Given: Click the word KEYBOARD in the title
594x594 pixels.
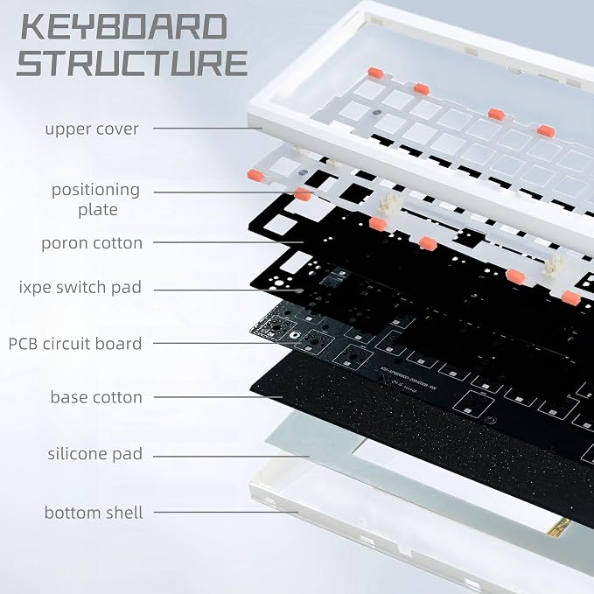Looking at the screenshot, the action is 124,26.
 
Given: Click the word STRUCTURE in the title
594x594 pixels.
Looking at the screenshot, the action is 132,62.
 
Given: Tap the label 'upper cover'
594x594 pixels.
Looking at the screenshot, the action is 92,129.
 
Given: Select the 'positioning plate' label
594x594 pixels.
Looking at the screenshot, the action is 96,199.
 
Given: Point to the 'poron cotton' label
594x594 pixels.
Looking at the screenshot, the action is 92,243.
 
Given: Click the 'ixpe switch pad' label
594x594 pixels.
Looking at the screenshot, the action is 80,288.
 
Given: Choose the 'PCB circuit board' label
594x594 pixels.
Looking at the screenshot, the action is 75,344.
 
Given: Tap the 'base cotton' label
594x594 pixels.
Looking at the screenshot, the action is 96,397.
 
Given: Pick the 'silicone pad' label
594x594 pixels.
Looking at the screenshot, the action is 95,454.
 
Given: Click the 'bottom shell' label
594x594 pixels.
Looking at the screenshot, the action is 94,513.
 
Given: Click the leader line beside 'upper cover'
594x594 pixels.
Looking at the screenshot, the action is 207,128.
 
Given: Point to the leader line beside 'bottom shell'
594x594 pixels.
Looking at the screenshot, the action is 226,512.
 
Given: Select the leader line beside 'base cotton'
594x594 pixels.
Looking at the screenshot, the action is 218,397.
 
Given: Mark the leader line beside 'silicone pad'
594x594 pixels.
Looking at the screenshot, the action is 232,456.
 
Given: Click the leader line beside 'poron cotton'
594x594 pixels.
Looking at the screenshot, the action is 228,242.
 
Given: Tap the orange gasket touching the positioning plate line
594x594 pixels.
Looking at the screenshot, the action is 303,194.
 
